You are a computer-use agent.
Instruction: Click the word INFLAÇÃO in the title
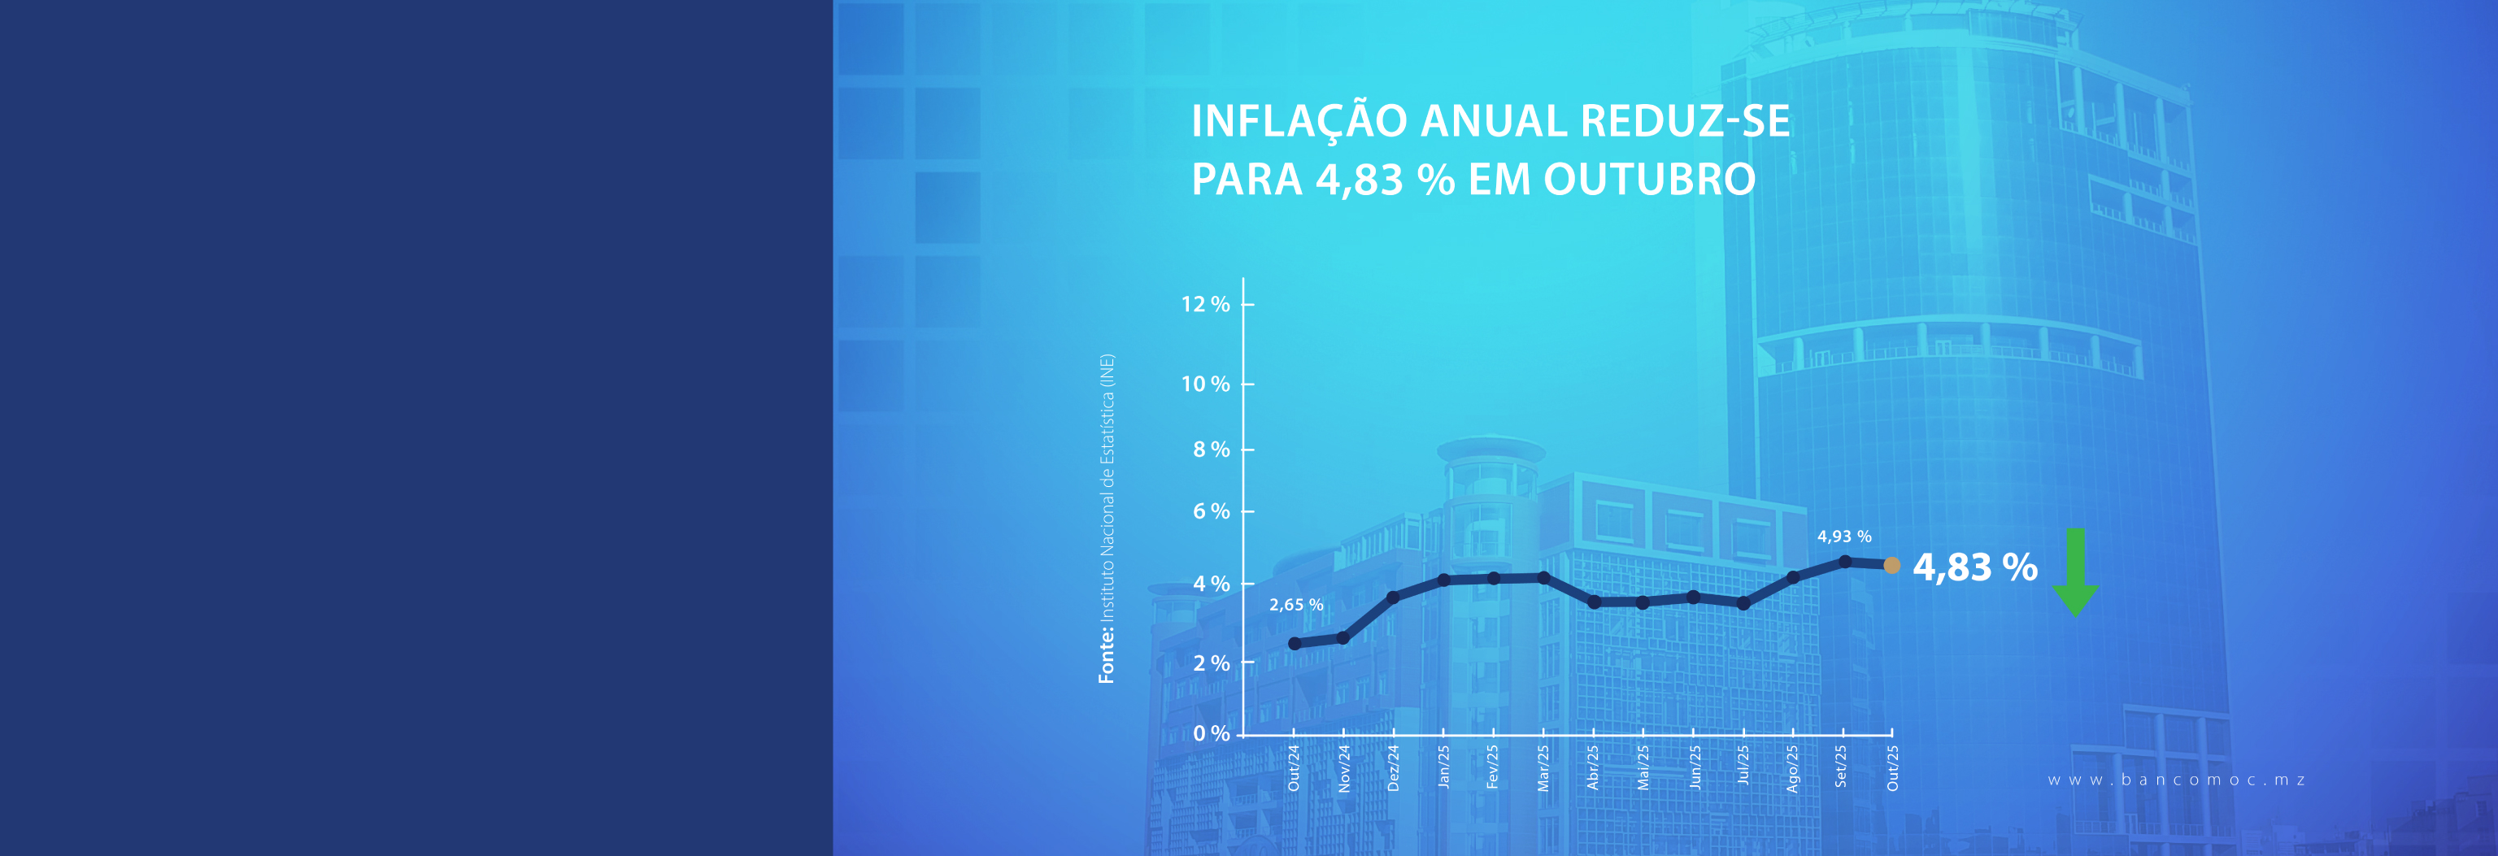coord(1299,121)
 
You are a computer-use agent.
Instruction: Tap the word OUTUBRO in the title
coord(1648,180)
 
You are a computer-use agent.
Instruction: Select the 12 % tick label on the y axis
coord(1204,304)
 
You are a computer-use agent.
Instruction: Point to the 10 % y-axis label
coord(1204,384)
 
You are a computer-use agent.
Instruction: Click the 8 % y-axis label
coord(1210,450)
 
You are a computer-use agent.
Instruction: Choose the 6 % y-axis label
coord(1210,511)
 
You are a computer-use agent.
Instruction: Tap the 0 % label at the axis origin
coord(1210,734)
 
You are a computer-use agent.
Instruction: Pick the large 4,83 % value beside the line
coord(1974,567)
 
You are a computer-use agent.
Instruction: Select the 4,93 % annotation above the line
coord(1843,536)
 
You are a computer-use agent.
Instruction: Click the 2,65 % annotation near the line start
coord(1295,605)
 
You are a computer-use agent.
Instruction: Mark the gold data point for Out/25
coord(1891,565)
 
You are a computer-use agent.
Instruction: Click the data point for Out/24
coord(1295,644)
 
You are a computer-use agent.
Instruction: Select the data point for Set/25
coord(1844,561)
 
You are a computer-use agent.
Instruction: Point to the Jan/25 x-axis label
coord(1444,767)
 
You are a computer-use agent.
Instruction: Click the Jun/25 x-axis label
coord(1694,767)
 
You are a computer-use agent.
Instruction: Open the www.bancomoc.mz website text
coord(2176,780)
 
